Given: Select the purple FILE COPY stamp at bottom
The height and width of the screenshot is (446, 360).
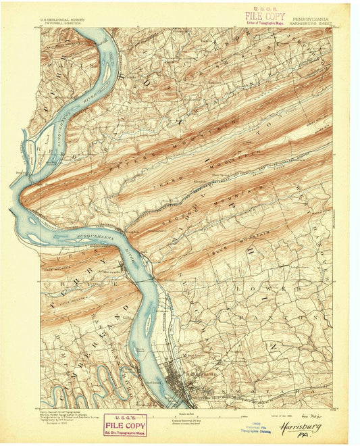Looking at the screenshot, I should pyautogui.click(x=125, y=424).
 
